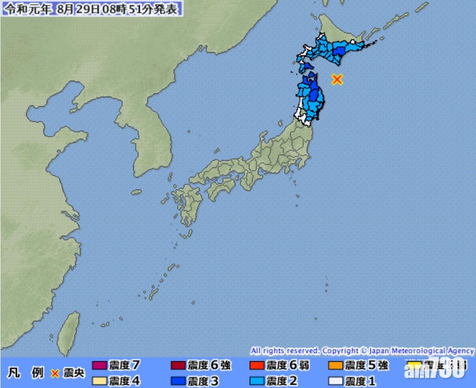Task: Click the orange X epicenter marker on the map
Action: (x=336, y=79)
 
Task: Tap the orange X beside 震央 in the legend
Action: (x=55, y=373)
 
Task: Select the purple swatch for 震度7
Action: (x=100, y=365)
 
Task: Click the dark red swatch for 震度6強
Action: (x=179, y=365)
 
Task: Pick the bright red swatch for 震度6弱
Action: (x=257, y=365)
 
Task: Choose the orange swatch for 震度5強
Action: (x=335, y=365)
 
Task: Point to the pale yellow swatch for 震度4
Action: (x=100, y=381)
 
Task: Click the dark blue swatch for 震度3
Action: (x=179, y=381)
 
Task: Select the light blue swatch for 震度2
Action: (x=257, y=381)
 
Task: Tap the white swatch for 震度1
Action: (x=335, y=381)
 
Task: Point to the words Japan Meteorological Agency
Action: (x=421, y=351)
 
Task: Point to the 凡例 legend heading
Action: (x=25, y=373)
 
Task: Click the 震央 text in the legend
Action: (x=73, y=373)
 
